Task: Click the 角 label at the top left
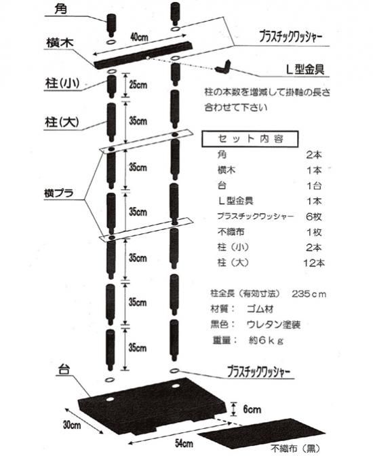pyautogui.click(x=60, y=9)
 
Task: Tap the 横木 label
pyautogui.click(x=60, y=43)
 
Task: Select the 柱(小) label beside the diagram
pyautogui.click(x=62, y=83)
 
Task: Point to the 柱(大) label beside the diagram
pyautogui.click(x=62, y=122)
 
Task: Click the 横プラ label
pyautogui.click(x=59, y=193)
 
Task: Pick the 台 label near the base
pyautogui.click(x=64, y=370)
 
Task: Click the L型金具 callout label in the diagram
pyautogui.click(x=305, y=69)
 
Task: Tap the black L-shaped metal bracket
pyautogui.click(x=223, y=67)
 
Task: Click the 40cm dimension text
pyautogui.click(x=139, y=37)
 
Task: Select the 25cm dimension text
pyautogui.click(x=138, y=85)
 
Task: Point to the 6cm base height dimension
pyautogui.click(x=252, y=409)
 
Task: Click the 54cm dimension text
pyautogui.click(x=184, y=444)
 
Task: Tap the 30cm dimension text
pyautogui.click(x=72, y=425)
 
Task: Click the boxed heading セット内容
pyautogui.click(x=250, y=139)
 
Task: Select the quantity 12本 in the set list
pyautogui.click(x=314, y=263)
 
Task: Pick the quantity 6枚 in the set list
pyautogui.click(x=314, y=216)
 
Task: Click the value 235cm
pyautogui.click(x=309, y=294)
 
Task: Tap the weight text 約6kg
pyautogui.click(x=266, y=340)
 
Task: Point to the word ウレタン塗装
pyautogui.click(x=273, y=324)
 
